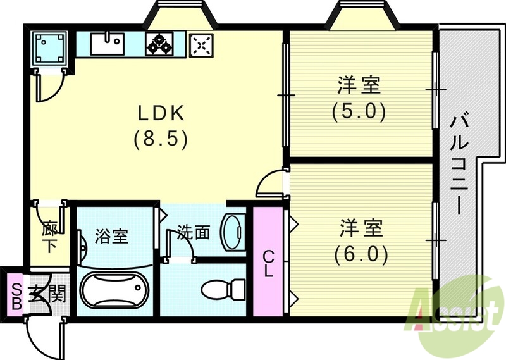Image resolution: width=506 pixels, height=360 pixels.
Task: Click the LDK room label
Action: point(161,113)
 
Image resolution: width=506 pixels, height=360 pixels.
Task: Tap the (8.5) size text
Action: point(161,139)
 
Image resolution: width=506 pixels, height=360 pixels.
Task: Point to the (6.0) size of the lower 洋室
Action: point(359,253)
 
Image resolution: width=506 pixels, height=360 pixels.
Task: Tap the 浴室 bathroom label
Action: point(112,237)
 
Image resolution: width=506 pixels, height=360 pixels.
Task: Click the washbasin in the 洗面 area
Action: point(233,230)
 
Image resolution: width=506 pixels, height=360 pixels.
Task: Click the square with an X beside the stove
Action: point(202,44)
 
